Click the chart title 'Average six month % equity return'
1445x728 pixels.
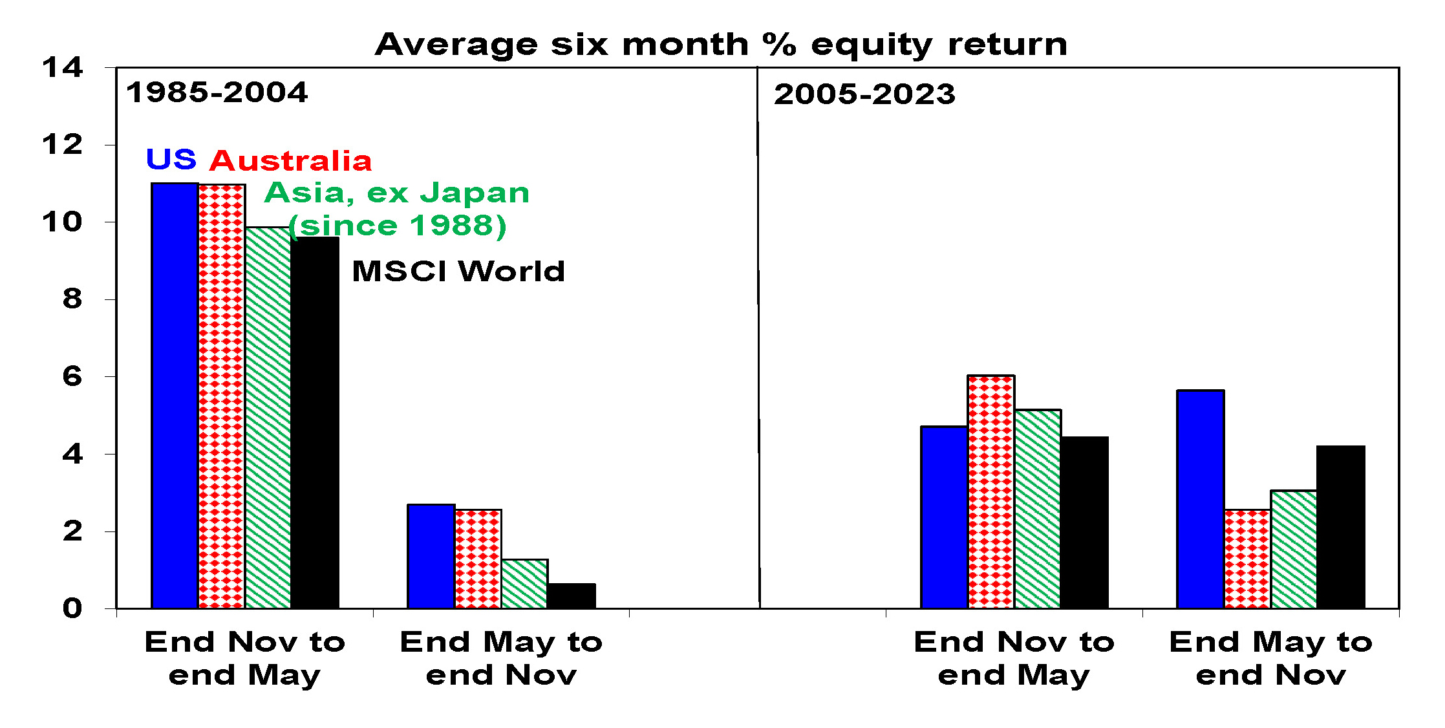pos(721,45)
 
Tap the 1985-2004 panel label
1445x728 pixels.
pos(217,92)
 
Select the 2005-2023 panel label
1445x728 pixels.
pos(864,94)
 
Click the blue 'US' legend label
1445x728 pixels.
pos(171,159)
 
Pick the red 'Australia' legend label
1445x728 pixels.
pos(290,161)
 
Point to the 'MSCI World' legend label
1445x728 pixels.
pos(458,271)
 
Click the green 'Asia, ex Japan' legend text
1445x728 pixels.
pos(397,193)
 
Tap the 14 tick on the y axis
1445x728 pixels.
pos(63,67)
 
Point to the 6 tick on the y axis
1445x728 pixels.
pos(72,376)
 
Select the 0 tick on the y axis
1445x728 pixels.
pos(72,608)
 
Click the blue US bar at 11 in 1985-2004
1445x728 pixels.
pos(175,396)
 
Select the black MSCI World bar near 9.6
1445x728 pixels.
pos(315,423)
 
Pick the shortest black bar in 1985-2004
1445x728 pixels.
pos(572,596)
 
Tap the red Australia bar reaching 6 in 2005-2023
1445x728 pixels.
pos(991,492)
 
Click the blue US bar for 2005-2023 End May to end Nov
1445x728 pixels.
pos(1201,499)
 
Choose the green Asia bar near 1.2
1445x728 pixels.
pos(524,584)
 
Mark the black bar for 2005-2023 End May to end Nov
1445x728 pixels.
pos(1341,527)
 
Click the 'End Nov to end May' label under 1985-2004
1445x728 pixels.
pos(245,659)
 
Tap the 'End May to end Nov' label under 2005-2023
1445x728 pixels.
pos(1271,659)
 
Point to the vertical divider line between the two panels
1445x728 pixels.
pos(758,337)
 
